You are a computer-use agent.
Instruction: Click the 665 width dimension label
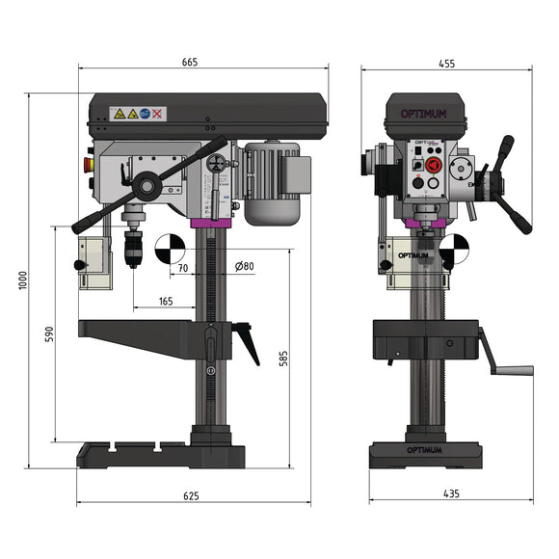coord(189,62)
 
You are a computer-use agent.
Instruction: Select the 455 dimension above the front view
coord(446,63)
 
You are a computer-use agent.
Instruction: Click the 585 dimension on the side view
coord(281,359)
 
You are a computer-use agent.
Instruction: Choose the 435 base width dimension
coord(450,493)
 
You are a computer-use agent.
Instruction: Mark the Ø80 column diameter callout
coord(245,267)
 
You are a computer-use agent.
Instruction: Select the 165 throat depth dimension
coord(165,302)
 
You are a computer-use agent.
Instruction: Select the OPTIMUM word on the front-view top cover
coord(424,114)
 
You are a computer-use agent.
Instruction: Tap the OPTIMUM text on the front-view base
coord(425,450)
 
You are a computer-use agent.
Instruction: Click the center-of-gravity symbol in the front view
coord(452,252)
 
